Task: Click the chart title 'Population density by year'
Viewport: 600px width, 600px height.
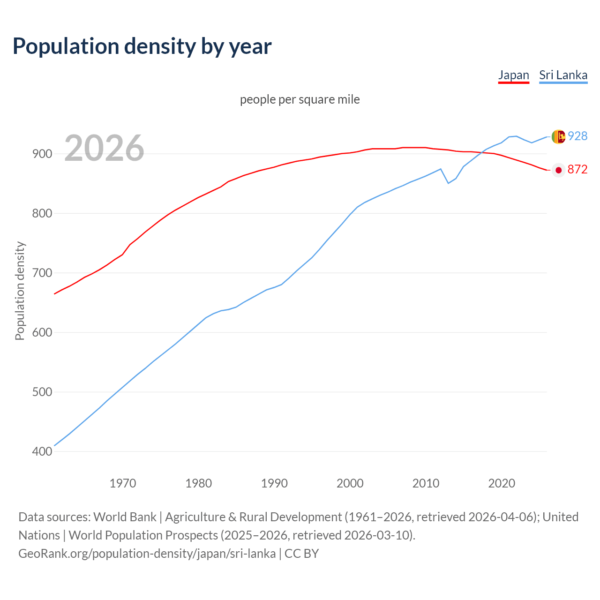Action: [x=142, y=46]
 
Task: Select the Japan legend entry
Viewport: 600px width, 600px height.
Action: [x=513, y=75]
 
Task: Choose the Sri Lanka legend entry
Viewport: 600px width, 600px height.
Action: [x=563, y=75]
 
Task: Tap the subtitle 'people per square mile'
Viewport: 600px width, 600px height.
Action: [x=300, y=99]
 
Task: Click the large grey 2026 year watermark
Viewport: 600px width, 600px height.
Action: [x=104, y=148]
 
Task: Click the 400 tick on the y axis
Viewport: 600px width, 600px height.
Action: [x=42, y=451]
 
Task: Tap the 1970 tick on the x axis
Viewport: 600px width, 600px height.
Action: [x=123, y=483]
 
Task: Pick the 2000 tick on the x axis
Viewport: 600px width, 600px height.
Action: [x=350, y=483]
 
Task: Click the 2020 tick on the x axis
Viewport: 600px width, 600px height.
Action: [x=502, y=483]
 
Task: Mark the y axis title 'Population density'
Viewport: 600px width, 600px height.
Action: [x=20, y=291]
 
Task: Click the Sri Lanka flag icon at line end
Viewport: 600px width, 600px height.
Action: [x=558, y=136]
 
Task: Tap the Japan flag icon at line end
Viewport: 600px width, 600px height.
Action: [x=558, y=170]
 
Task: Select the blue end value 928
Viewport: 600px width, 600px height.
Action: [x=577, y=136]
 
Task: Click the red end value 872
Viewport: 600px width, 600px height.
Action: [x=577, y=170]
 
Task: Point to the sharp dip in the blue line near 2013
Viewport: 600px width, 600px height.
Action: [x=448, y=183]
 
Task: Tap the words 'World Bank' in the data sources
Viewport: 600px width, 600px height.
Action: [x=125, y=517]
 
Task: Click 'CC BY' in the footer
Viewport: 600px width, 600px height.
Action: [x=301, y=553]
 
